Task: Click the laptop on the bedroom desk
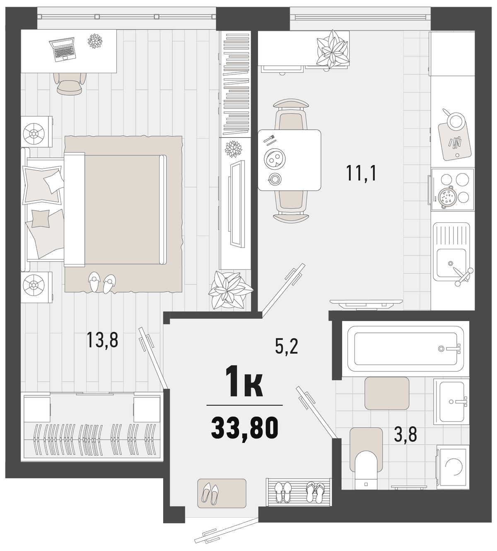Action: pos(62,49)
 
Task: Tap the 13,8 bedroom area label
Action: pos(102,339)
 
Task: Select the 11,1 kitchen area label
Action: pos(361,173)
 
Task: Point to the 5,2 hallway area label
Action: pos(287,346)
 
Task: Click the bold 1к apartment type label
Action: pos(244,382)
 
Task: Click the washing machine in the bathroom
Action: pos(451,467)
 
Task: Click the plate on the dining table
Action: pos(274,159)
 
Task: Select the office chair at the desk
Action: pos(69,83)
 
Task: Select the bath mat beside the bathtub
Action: pos(387,393)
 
